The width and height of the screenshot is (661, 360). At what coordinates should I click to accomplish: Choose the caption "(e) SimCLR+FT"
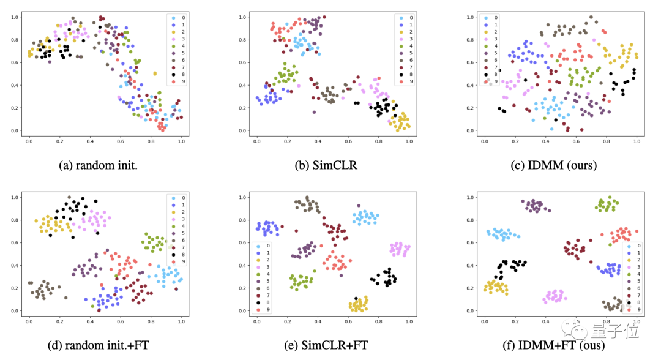point(331,345)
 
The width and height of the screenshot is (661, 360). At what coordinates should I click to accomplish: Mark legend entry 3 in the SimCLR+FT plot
point(263,267)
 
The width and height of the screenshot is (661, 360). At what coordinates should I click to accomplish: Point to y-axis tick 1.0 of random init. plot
point(16,17)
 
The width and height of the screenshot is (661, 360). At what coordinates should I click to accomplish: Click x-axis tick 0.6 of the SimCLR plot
point(348,141)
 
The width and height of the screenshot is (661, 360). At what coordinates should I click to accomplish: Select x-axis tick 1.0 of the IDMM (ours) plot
point(637,141)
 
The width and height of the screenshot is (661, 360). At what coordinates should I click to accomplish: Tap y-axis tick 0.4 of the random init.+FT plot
point(16,265)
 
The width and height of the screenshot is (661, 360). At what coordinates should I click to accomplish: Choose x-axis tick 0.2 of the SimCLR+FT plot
point(286,321)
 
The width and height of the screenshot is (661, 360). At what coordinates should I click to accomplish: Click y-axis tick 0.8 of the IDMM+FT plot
point(472,220)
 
